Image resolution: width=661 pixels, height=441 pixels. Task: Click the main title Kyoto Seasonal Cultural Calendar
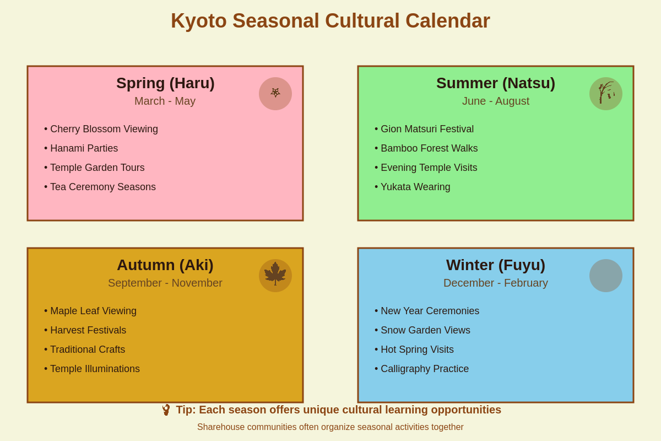(330, 21)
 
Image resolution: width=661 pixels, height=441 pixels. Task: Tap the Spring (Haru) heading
(165, 83)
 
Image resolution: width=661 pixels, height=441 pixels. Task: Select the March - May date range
(165, 101)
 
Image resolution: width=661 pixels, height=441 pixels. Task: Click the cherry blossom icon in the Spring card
(275, 94)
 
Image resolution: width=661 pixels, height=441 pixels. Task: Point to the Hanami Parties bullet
(84, 148)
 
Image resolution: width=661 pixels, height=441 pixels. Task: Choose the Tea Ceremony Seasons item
(102, 187)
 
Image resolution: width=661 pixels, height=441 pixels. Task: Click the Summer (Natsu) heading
(496, 83)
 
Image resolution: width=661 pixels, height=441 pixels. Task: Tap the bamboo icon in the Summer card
(606, 94)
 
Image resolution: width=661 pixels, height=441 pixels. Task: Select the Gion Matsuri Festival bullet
(427, 129)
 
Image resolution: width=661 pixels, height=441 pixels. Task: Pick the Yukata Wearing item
(415, 187)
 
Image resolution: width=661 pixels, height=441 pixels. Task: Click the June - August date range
(496, 101)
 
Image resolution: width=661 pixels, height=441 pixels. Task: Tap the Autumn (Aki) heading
(165, 265)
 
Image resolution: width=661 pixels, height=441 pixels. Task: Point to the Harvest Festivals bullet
(88, 330)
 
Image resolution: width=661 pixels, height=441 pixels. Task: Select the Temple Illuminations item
(95, 369)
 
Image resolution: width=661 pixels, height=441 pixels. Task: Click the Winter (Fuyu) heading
(496, 265)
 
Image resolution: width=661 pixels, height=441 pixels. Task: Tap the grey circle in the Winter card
(606, 276)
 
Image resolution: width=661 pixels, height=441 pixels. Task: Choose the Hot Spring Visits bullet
(417, 349)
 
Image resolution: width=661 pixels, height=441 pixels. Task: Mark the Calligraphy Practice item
(424, 369)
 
